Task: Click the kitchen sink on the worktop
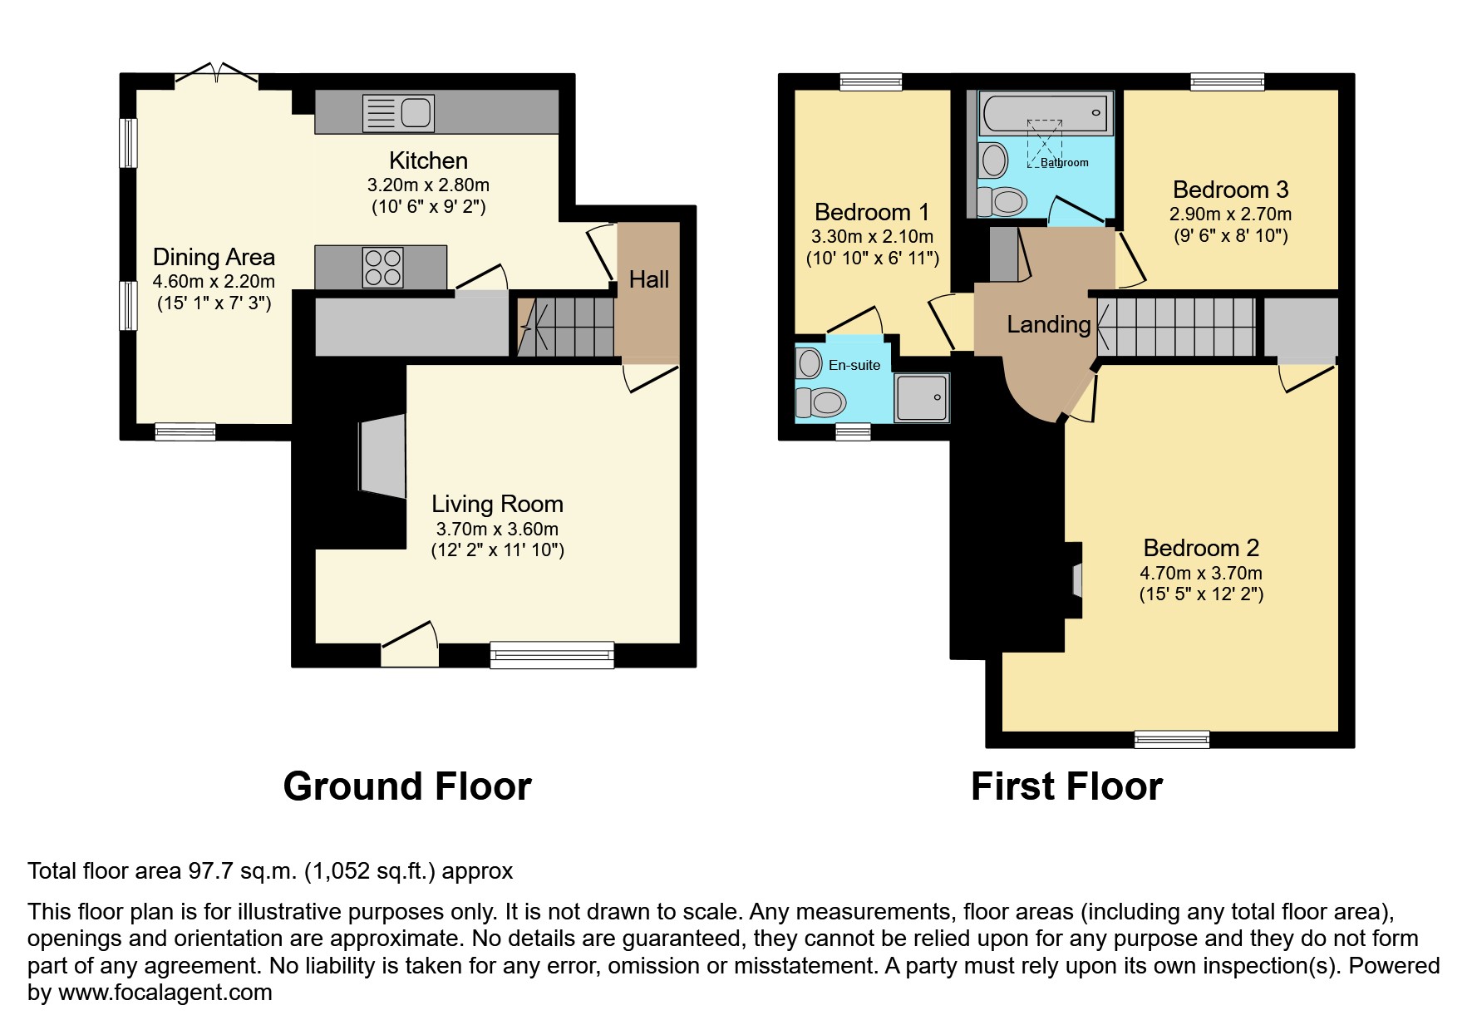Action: (x=399, y=113)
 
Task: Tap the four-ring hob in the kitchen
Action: (x=383, y=267)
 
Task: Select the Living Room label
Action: (x=497, y=504)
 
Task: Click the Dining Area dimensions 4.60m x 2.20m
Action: (x=214, y=282)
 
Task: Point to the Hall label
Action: (x=649, y=279)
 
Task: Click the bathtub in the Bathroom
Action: (x=1046, y=112)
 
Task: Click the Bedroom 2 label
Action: (x=1201, y=548)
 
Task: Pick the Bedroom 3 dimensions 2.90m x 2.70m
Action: (x=1230, y=214)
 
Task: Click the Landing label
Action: (x=1049, y=324)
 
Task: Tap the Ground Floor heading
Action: (x=407, y=786)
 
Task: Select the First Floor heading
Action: (x=1066, y=786)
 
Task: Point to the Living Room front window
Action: (x=552, y=654)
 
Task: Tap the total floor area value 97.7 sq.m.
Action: (x=241, y=871)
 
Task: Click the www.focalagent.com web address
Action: (x=165, y=993)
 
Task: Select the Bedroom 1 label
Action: (x=872, y=212)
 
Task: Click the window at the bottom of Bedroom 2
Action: (x=1172, y=739)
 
